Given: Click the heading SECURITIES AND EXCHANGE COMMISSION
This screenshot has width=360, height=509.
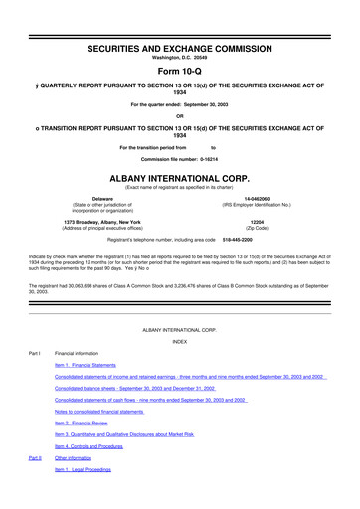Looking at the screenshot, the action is [179, 21].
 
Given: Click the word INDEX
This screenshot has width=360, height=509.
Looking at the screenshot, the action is [179, 340].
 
